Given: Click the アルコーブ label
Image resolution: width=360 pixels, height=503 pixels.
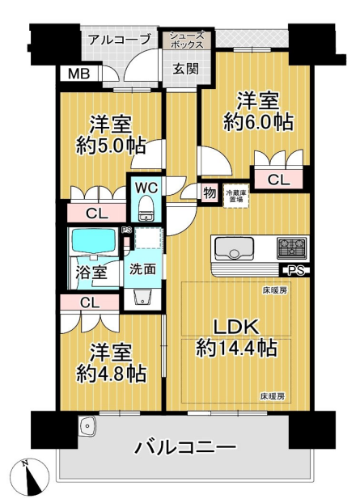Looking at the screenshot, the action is [120, 40].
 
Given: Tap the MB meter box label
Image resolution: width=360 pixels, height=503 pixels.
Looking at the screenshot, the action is [79, 74].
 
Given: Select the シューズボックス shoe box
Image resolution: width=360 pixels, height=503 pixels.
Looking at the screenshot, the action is [187, 40].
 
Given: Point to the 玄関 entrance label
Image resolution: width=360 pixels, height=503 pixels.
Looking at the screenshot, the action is [186, 69].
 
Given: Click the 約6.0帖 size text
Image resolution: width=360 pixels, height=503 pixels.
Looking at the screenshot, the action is [258, 122].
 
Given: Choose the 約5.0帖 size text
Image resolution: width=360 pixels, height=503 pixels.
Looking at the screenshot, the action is [110, 146].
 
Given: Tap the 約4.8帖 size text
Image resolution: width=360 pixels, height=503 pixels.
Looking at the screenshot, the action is [111, 374].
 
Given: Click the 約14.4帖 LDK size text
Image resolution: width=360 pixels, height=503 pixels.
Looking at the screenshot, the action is [236, 348].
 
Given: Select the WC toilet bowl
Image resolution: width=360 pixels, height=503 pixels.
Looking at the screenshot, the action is [146, 208].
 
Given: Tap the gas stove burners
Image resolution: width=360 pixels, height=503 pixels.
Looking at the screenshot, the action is [292, 248].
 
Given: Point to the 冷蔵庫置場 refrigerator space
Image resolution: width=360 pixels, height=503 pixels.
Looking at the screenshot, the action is [236, 196].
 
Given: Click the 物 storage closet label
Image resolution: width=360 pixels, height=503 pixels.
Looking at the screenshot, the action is [210, 193].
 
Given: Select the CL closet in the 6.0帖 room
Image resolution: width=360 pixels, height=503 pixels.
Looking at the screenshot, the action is [278, 180].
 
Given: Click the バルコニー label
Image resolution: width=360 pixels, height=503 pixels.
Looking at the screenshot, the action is [185, 447].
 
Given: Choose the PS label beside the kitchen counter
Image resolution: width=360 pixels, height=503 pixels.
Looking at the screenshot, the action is [295, 271].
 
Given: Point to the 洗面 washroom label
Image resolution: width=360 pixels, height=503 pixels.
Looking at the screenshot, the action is [142, 269].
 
